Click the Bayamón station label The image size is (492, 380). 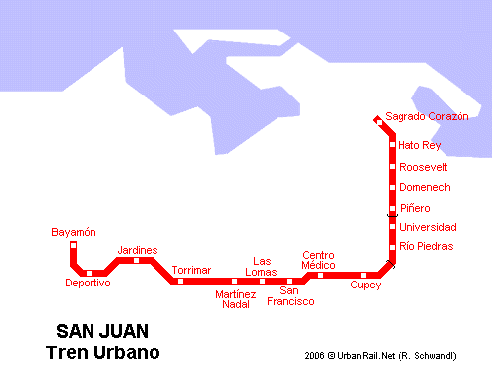tap(74, 232)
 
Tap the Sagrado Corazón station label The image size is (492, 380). tap(427, 116)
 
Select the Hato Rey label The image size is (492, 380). tap(419, 146)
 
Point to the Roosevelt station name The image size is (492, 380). tap(424, 167)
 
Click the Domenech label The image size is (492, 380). tap(425, 187)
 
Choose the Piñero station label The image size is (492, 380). tap(415, 208)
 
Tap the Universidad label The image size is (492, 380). tap(428, 227)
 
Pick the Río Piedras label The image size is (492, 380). tap(427, 246)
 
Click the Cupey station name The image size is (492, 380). tap(365, 285)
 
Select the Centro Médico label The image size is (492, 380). tap(319, 260)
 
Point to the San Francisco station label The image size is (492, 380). tap(290, 295)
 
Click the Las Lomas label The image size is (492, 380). tap(261, 266)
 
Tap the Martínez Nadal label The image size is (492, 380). tap(235, 299)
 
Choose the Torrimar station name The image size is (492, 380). tap(191, 270)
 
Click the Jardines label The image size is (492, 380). tap(137, 250)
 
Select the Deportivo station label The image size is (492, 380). tap(88, 284)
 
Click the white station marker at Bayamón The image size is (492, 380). tap(74, 243)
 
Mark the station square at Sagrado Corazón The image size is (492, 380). tap(378, 121)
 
